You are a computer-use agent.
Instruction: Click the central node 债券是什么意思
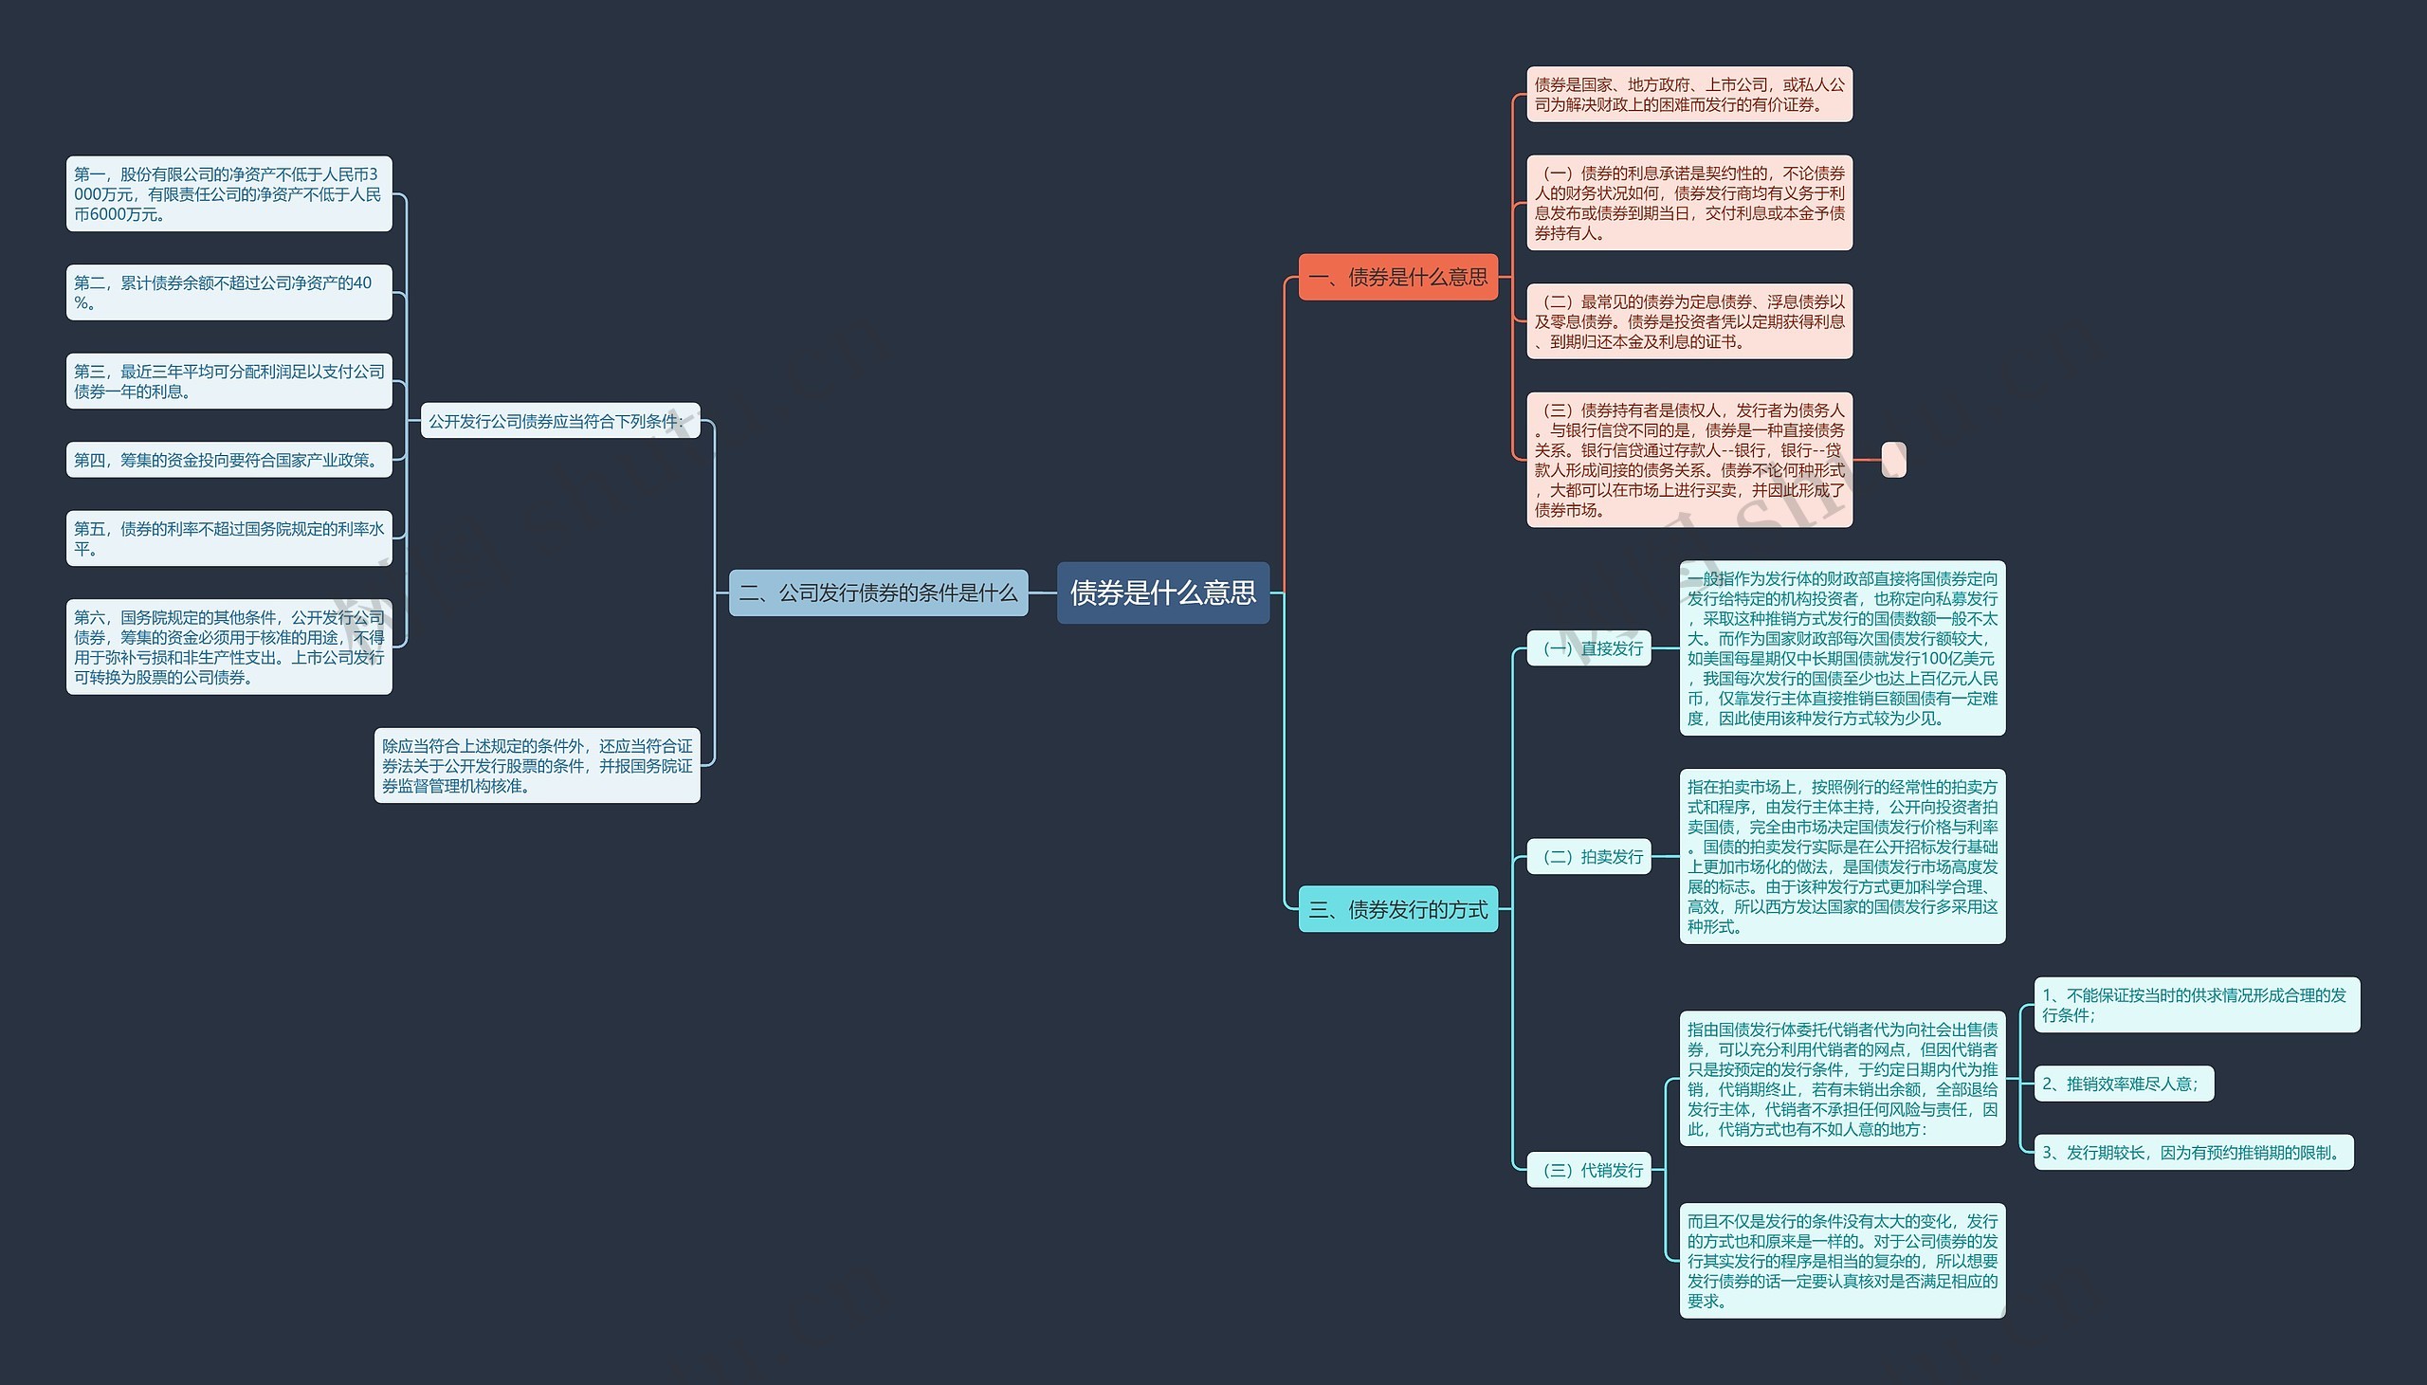click(1162, 592)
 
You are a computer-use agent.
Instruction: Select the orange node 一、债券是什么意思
click(1397, 277)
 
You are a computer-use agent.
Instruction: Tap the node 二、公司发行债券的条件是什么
click(878, 592)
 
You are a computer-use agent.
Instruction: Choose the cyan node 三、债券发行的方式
click(1397, 909)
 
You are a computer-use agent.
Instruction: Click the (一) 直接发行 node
click(1588, 648)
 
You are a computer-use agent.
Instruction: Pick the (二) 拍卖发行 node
click(1588, 856)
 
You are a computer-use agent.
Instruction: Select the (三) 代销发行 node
click(1588, 1170)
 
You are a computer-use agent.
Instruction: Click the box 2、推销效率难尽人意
click(2123, 1084)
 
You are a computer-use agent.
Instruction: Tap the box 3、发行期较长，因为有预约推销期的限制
click(2192, 1152)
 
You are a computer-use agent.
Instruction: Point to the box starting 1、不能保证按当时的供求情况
click(2196, 1005)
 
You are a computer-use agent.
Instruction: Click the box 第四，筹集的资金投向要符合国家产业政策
click(229, 461)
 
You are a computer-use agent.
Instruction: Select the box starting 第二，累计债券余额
click(229, 292)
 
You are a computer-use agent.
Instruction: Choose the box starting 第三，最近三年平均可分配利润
click(229, 381)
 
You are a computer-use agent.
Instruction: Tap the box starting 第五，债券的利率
click(229, 538)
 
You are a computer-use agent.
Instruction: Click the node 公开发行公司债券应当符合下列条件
click(559, 421)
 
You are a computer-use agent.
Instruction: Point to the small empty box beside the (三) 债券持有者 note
click(1892, 460)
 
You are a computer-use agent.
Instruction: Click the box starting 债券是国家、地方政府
click(1689, 94)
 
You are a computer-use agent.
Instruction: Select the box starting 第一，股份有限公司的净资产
click(229, 194)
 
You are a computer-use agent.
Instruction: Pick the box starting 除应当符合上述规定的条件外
click(538, 766)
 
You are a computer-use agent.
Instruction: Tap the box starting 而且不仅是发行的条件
click(1842, 1261)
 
